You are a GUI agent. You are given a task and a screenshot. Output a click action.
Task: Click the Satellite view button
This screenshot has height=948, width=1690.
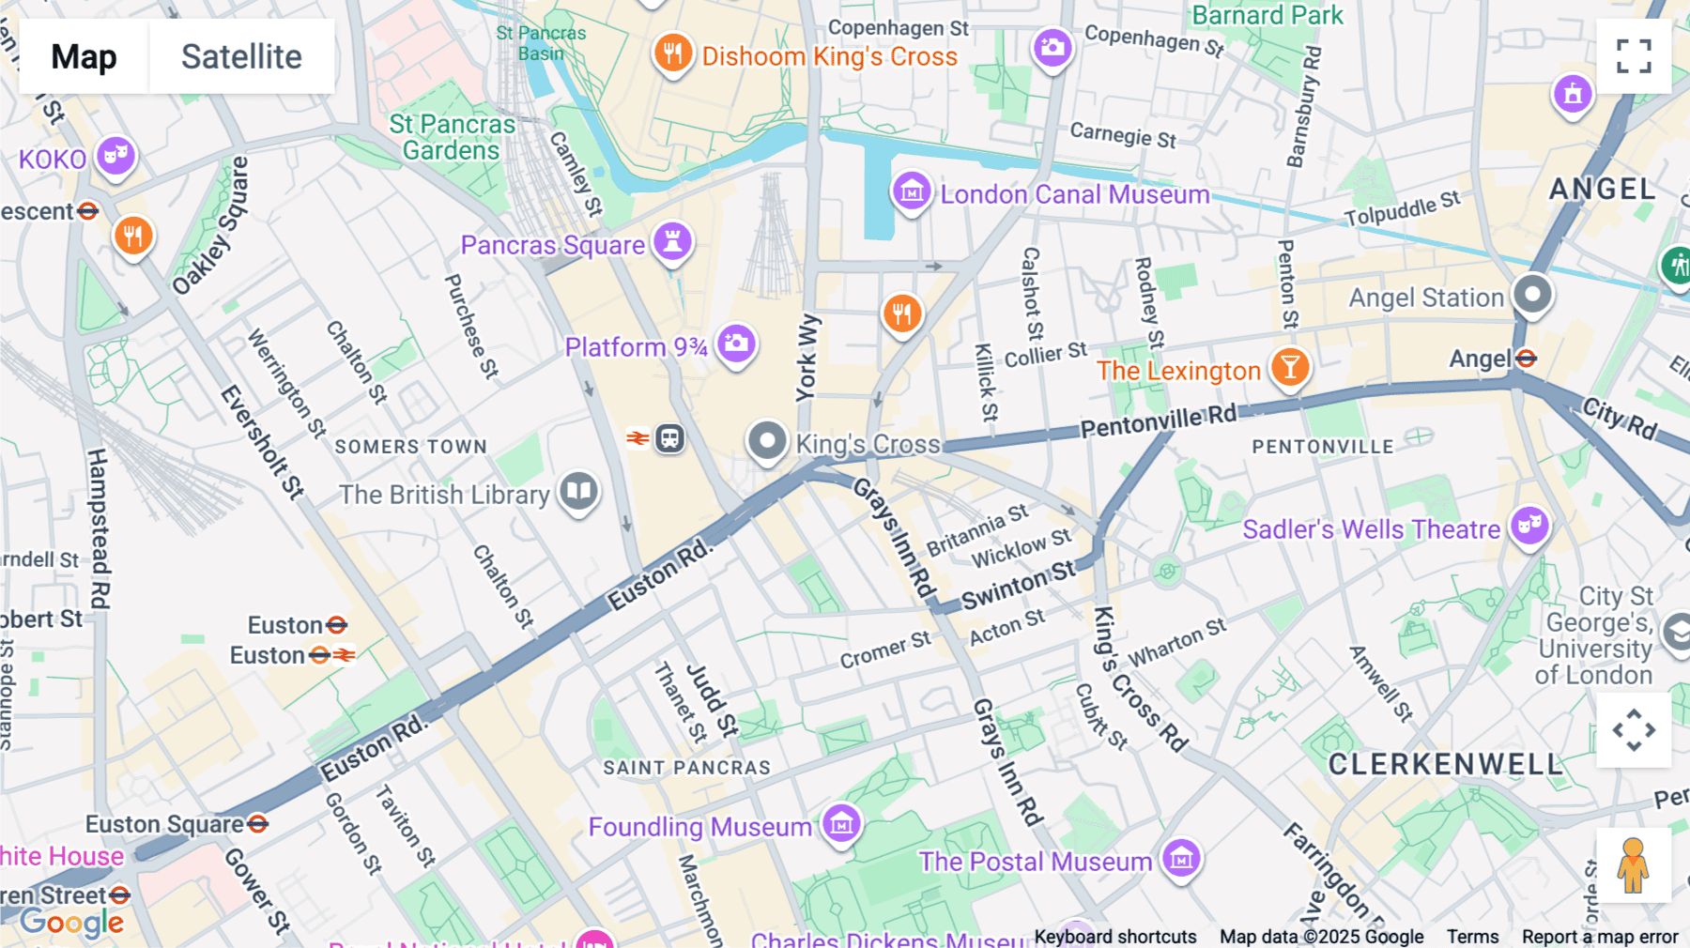(x=241, y=57)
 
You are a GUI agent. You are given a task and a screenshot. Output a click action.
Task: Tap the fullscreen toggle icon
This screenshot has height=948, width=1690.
(x=1634, y=56)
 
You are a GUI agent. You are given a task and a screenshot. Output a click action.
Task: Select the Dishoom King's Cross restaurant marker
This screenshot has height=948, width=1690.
(x=672, y=54)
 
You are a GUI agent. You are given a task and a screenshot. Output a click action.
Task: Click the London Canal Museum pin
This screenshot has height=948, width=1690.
(x=911, y=192)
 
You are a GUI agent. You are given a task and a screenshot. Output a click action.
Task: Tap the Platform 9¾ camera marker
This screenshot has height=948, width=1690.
(x=737, y=344)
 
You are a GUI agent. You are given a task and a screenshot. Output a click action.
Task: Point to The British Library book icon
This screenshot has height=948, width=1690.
(x=579, y=491)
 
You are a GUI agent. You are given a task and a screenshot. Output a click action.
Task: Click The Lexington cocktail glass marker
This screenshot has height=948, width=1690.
(x=1290, y=367)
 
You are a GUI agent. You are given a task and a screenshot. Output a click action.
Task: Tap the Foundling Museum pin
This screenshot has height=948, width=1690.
(x=841, y=824)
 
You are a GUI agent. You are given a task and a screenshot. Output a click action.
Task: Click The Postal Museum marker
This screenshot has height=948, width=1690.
(x=1181, y=857)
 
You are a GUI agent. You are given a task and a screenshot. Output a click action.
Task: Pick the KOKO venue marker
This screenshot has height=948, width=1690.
(x=115, y=155)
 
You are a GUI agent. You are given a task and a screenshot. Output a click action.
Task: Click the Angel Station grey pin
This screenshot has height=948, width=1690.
(x=1532, y=295)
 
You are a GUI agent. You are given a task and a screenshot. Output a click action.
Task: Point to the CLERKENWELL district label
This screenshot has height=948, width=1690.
(x=1446, y=764)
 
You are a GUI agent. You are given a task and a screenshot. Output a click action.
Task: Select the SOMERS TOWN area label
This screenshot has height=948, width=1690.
(x=410, y=447)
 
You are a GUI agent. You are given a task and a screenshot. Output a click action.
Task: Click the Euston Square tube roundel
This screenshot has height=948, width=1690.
(x=258, y=824)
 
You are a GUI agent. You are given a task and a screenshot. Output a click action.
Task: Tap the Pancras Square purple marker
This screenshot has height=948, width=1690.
(x=672, y=241)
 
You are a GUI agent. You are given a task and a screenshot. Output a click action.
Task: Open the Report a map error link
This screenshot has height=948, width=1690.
(x=1599, y=937)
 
